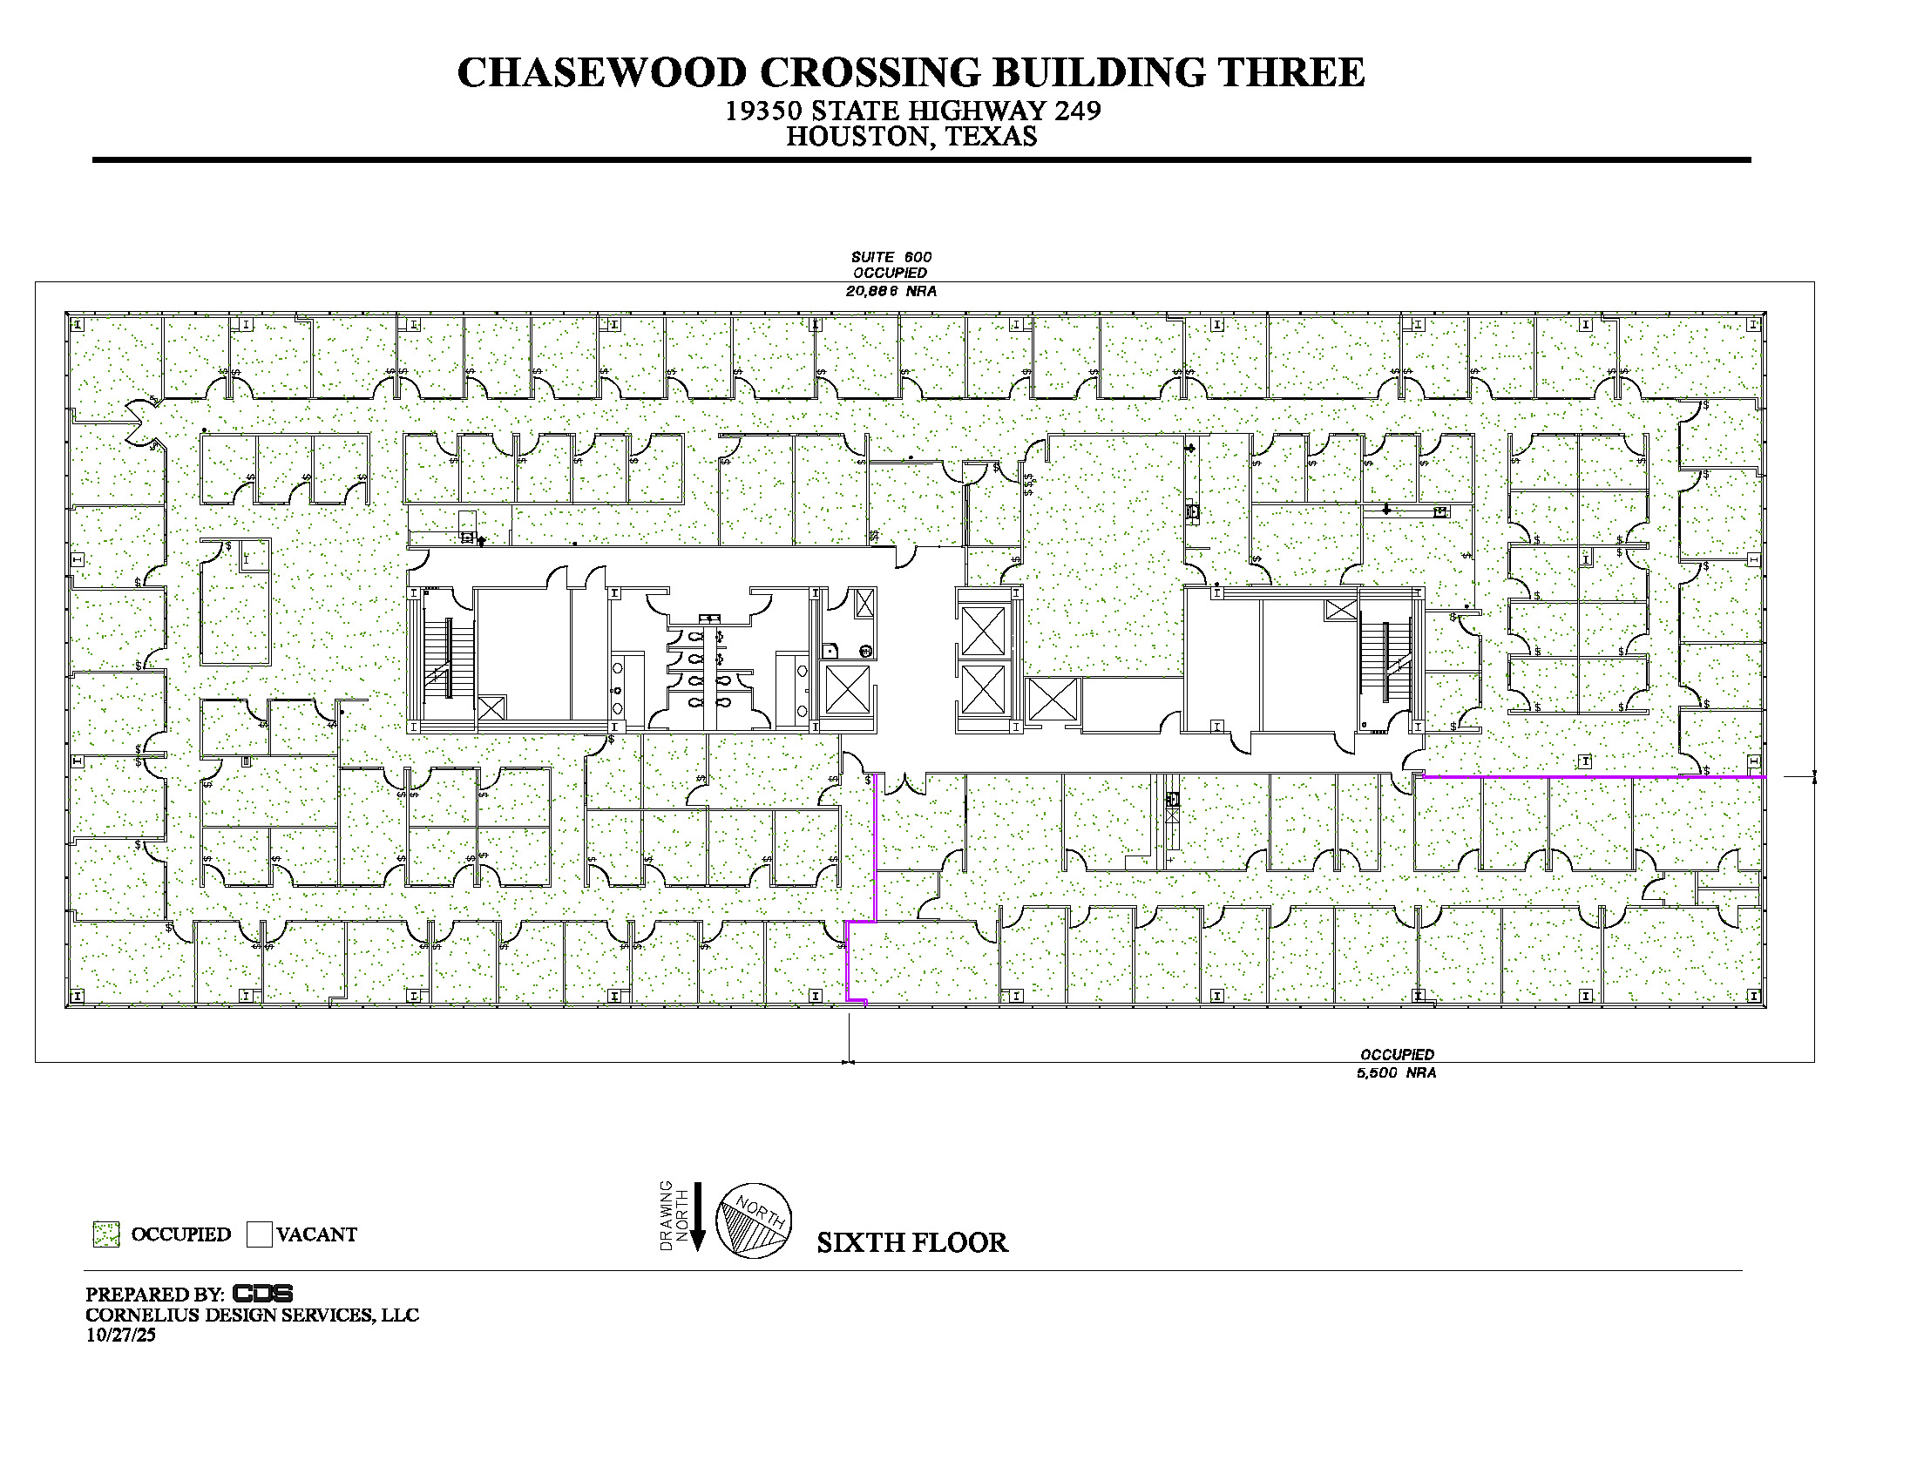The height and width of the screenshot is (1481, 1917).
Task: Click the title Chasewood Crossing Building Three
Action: point(911,72)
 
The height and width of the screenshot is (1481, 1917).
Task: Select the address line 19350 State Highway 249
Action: point(912,111)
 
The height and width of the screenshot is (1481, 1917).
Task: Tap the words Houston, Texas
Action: point(911,137)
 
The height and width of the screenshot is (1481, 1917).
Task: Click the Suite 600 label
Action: point(891,257)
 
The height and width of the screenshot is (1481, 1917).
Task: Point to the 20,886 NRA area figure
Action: point(891,290)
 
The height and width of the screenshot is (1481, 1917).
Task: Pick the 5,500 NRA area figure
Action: point(1397,1072)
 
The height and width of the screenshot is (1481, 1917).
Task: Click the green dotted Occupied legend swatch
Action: point(106,1234)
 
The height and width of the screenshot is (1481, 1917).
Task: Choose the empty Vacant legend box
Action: point(259,1234)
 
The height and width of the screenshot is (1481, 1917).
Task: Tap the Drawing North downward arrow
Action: point(698,1216)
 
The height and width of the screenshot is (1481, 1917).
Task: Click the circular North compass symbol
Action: point(754,1221)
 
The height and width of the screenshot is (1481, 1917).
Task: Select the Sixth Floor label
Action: point(912,1242)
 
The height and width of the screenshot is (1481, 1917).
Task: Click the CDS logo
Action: point(262,1293)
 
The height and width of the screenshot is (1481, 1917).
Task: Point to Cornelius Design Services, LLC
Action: point(252,1315)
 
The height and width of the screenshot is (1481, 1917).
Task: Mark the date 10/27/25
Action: point(120,1335)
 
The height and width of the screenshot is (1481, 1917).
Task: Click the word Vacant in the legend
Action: point(317,1234)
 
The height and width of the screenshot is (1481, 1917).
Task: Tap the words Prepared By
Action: point(154,1294)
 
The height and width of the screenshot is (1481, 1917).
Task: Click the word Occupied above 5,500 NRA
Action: point(1398,1055)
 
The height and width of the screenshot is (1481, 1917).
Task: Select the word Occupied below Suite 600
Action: point(890,273)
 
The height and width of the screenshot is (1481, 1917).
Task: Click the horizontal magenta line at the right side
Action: point(1594,776)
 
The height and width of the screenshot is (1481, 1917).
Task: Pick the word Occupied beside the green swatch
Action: point(181,1234)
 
